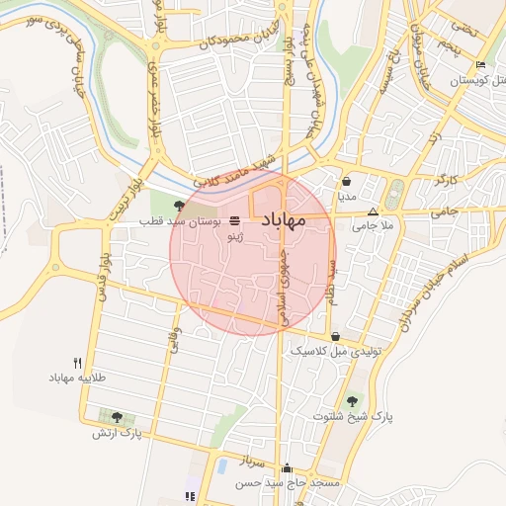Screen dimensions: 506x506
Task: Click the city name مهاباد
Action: click(x=297, y=222)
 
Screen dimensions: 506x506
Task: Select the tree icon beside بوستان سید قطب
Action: click(x=179, y=206)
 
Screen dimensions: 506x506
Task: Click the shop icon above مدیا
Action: click(x=347, y=182)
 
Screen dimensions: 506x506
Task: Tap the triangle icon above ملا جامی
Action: click(x=373, y=211)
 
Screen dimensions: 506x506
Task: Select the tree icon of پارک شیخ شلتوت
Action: click(x=353, y=400)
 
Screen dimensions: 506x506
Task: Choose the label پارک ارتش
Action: click(x=118, y=433)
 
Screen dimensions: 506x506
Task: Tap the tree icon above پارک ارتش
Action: click(x=118, y=417)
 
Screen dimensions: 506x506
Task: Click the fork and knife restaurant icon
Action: click(x=78, y=363)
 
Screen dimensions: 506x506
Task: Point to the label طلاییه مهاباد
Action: click(x=78, y=379)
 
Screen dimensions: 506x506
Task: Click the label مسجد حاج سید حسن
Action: click(x=287, y=484)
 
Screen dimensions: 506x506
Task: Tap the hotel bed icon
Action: click(x=480, y=65)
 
